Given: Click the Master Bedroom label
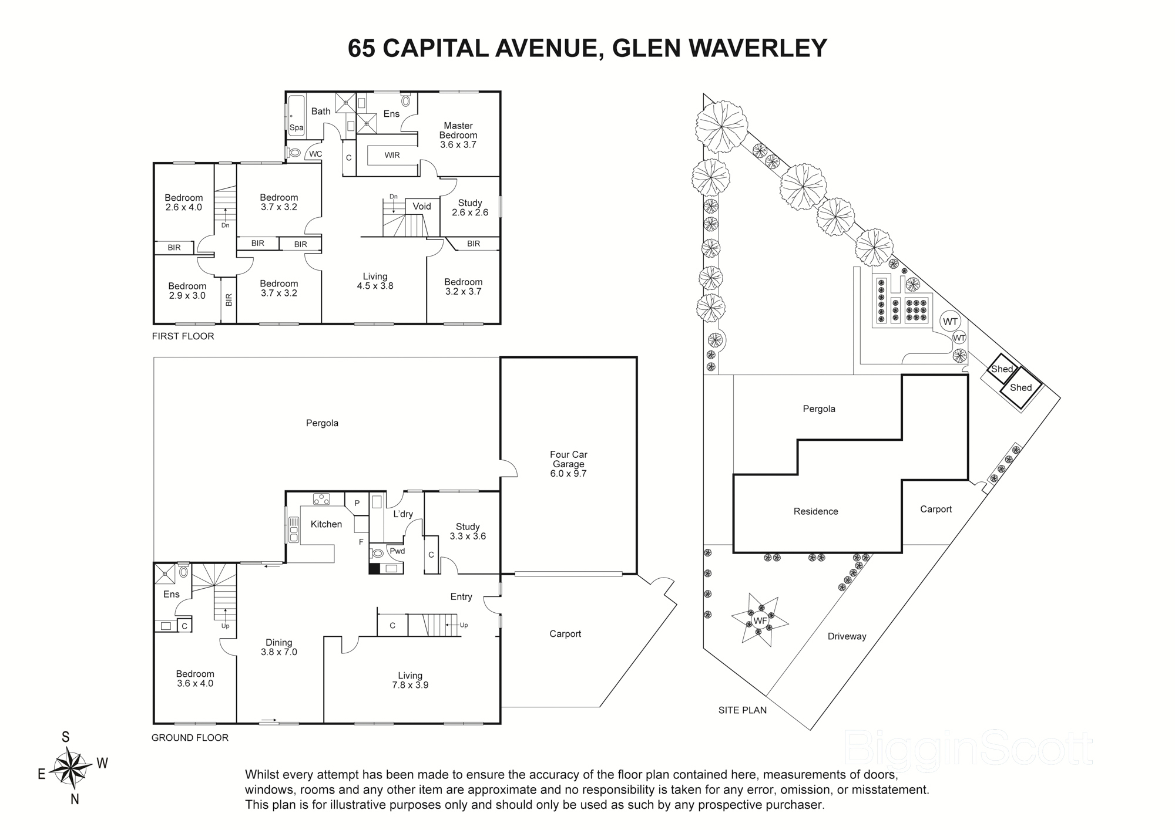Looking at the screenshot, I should pyautogui.click(x=458, y=135).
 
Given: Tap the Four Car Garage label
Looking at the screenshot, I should pyautogui.click(x=568, y=464).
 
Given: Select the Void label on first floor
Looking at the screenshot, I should pyautogui.click(x=422, y=207).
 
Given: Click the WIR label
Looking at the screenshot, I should pyautogui.click(x=392, y=156).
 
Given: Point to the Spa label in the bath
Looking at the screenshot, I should pyautogui.click(x=296, y=127).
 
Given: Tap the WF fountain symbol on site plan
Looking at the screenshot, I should pyautogui.click(x=760, y=620).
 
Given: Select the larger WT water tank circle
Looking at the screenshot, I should pyautogui.click(x=950, y=322).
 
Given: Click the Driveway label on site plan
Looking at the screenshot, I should pyautogui.click(x=847, y=636).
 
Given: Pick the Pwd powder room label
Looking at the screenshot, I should pyautogui.click(x=397, y=551).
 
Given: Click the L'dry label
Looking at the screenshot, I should pyautogui.click(x=403, y=514).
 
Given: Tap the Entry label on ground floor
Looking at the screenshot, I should pyautogui.click(x=461, y=597).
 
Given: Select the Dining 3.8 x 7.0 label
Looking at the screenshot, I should pyautogui.click(x=278, y=647).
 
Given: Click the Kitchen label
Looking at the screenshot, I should pyautogui.click(x=326, y=524).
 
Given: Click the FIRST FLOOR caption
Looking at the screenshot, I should pyautogui.click(x=183, y=336).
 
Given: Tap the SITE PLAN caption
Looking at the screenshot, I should pyautogui.click(x=743, y=710).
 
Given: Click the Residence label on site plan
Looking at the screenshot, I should pyautogui.click(x=815, y=511).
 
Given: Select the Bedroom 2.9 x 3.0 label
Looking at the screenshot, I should pyautogui.click(x=187, y=291).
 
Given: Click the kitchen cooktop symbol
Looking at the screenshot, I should pyautogui.click(x=321, y=500).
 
